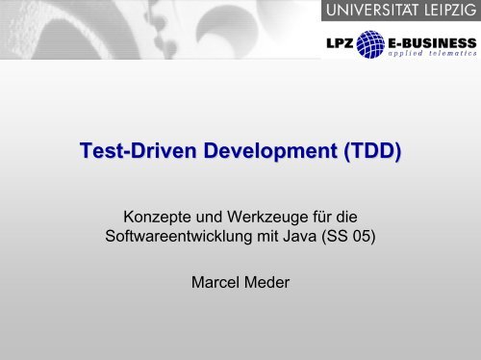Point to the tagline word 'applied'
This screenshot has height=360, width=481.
pyautogui.click(x=397, y=55)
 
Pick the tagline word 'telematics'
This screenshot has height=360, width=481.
pyautogui.click(x=446, y=55)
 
